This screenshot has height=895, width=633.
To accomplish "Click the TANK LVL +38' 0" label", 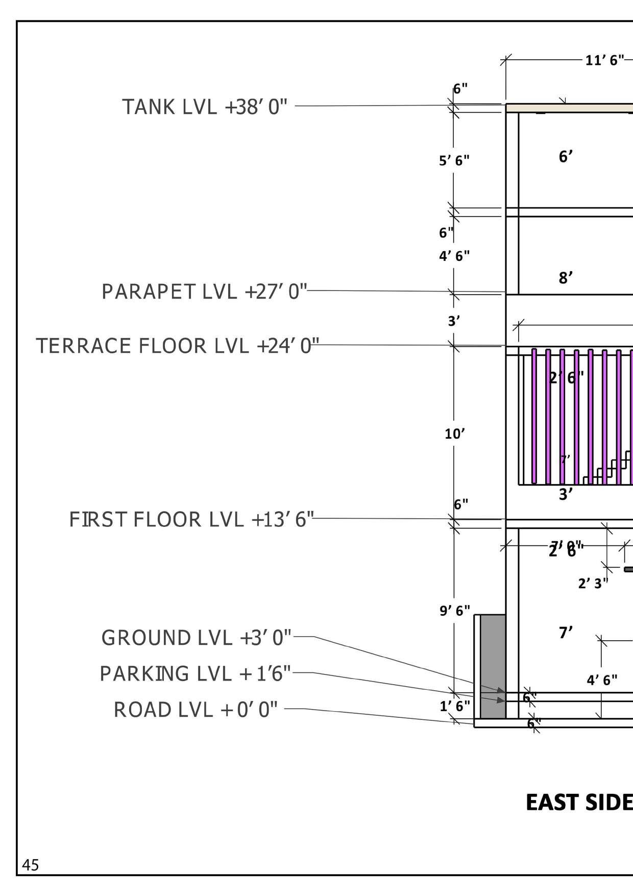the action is [x=205, y=107].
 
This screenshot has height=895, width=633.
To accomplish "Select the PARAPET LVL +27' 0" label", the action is [x=204, y=292].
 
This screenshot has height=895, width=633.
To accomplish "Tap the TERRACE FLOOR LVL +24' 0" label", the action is [x=178, y=346].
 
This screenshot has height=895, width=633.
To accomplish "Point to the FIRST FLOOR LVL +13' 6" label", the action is [x=191, y=520].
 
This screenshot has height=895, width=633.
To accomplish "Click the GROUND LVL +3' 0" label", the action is [x=196, y=638].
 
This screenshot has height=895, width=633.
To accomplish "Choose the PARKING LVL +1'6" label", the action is [x=195, y=673].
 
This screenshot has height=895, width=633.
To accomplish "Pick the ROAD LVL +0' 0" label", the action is [x=196, y=710].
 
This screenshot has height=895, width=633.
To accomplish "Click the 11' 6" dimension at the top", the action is [x=604, y=60].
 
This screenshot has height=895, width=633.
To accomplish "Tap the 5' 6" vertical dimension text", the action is [x=454, y=161].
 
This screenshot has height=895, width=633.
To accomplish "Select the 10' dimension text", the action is [x=454, y=434].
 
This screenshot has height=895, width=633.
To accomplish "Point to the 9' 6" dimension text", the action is [x=454, y=611].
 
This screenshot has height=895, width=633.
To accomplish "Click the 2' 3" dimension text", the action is [x=593, y=583].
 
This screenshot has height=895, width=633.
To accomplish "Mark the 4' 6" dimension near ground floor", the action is [x=602, y=680].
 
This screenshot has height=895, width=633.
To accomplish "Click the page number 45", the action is [x=30, y=865].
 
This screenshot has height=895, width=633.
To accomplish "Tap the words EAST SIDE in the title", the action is [x=579, y=803].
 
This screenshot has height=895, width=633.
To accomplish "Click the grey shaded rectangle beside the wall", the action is [x=493, y=666].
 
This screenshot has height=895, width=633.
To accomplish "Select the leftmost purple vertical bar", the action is [x=534, y=416].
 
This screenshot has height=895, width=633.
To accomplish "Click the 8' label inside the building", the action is [x=566, y=278].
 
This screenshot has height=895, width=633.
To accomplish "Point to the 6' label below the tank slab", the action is [x=566, y=157].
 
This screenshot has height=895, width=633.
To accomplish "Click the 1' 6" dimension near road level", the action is [x=454, y=706].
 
